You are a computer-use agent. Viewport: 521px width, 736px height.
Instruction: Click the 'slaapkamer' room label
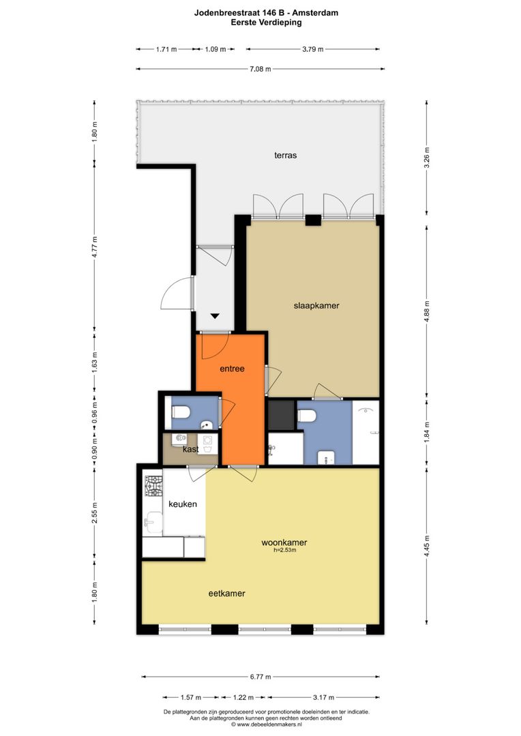[x=316, y=305]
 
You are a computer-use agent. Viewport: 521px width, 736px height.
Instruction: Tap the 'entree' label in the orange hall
[x=232, y=369]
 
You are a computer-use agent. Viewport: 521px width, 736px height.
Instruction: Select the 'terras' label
[x=285, y=155]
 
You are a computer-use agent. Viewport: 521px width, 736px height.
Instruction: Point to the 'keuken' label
[x=183, y=504]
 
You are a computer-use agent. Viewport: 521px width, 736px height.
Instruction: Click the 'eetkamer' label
[x=227, y=594]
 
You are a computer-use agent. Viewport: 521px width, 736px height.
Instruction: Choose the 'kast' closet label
[x=191, y=449]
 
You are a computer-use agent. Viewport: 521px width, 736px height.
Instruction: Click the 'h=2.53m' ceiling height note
[x=284, y=550]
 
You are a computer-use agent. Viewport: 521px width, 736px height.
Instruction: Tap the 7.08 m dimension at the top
[x=260, y=69]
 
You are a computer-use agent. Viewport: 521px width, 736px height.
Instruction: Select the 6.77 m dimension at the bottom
[x=260, y=677]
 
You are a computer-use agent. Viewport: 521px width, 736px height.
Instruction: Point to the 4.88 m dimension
[x=427, y=311]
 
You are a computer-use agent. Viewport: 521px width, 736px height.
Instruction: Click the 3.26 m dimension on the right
[x=427, y=157]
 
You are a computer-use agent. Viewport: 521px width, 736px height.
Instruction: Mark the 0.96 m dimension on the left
[x=94, y=412]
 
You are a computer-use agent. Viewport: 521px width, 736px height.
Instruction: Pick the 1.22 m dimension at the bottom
[x=243, y=698]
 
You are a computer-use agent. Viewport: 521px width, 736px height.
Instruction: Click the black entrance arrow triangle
[x=215, y=316]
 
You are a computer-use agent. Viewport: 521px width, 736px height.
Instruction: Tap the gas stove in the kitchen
[x=153, y=487]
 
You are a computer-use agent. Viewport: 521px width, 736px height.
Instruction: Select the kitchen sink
[x=153, y=521]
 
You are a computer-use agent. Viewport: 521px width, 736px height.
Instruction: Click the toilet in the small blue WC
[x=181, y=412]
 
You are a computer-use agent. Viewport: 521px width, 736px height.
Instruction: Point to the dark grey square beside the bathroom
[x=282, y=415]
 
